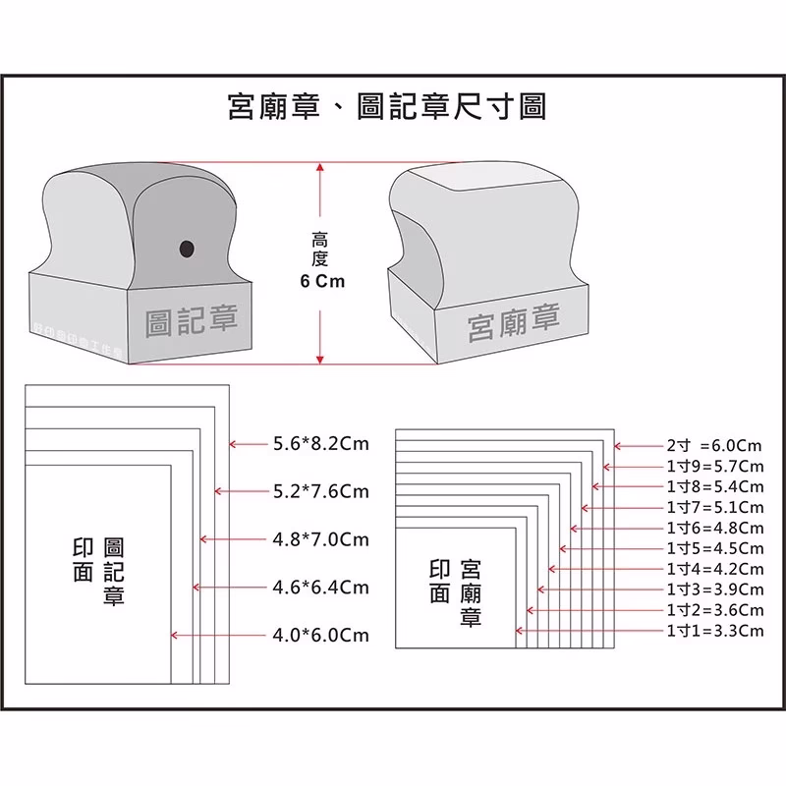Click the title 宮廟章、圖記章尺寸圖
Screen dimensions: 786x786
click(386, 106)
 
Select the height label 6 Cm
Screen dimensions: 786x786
click(321, 281)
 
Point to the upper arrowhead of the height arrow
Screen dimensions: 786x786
click(320, 170)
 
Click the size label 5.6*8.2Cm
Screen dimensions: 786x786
click(320, 444)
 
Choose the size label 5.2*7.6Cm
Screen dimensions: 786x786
click(320, 491)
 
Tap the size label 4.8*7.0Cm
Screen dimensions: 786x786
click(320, 539)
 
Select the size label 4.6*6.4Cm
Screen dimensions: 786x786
click(320, 588)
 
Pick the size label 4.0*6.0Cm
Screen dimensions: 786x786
click(320, 636)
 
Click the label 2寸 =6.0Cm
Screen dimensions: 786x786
click(714, 445)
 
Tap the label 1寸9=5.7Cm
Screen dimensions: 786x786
click(714, 466)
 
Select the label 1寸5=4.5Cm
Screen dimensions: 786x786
click(714, 548)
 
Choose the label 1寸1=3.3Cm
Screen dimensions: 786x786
click(714, 631)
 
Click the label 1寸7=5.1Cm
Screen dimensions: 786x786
click(714, 507)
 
